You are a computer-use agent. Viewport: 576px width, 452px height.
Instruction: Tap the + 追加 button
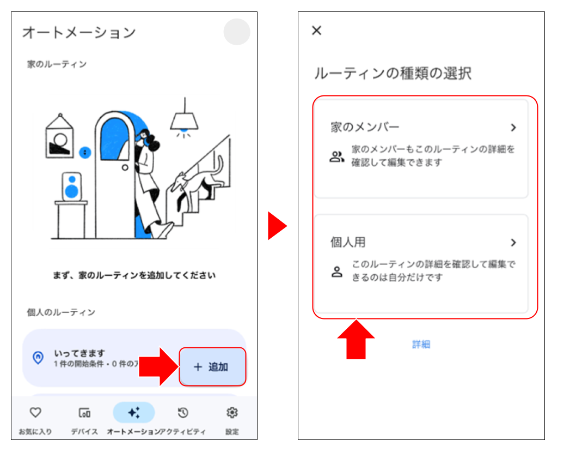(x=212, y=367)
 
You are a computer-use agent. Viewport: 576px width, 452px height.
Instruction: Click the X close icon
(x=316, y=31)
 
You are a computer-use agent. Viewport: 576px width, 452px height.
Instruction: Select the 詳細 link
(x=421, y=344)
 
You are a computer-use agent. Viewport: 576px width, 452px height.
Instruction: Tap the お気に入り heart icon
(x=35, y=412)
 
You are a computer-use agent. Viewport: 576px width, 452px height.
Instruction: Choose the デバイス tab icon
(x=84, y=412)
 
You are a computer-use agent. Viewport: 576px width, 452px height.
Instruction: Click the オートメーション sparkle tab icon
(x=134, y=412)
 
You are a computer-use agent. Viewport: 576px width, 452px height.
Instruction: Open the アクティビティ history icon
(x=183, y=412)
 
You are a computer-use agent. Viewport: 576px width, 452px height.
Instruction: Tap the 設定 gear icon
(x=232, y=412)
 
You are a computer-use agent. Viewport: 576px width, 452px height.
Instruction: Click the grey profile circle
(x=237, y=32)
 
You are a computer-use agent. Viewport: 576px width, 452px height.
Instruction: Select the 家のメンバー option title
(x=365, y=127)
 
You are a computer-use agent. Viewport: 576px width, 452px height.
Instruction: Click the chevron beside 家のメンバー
(x=513, y=128)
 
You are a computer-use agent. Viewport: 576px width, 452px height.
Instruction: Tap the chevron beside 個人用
(x=513, y=243)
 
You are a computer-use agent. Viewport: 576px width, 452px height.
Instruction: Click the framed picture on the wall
(x=59, y=137)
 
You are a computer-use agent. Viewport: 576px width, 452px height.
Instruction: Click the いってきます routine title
(x=79, y=353)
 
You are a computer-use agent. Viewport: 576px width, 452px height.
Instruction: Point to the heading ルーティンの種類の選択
(x=393, y=74)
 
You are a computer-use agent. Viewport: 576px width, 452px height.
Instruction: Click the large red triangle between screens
(x=277, y=226)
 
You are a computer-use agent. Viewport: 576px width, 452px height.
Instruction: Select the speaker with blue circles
(x=71, y=186)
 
